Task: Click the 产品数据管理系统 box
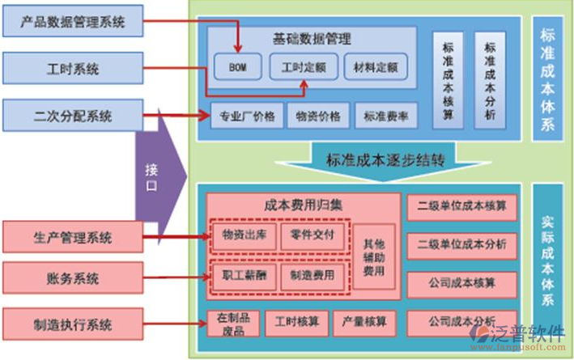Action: pos(73,22)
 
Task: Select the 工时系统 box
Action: pos(73,70)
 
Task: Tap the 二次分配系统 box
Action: pos(73,116)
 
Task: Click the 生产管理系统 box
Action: pos(73,238)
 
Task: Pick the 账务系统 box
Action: pos(73,278)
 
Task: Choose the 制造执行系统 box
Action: pos(73,325)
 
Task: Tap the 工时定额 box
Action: pos(303,67)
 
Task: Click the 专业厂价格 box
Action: pos(247,116)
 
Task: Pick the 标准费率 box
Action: pos(386,116)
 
